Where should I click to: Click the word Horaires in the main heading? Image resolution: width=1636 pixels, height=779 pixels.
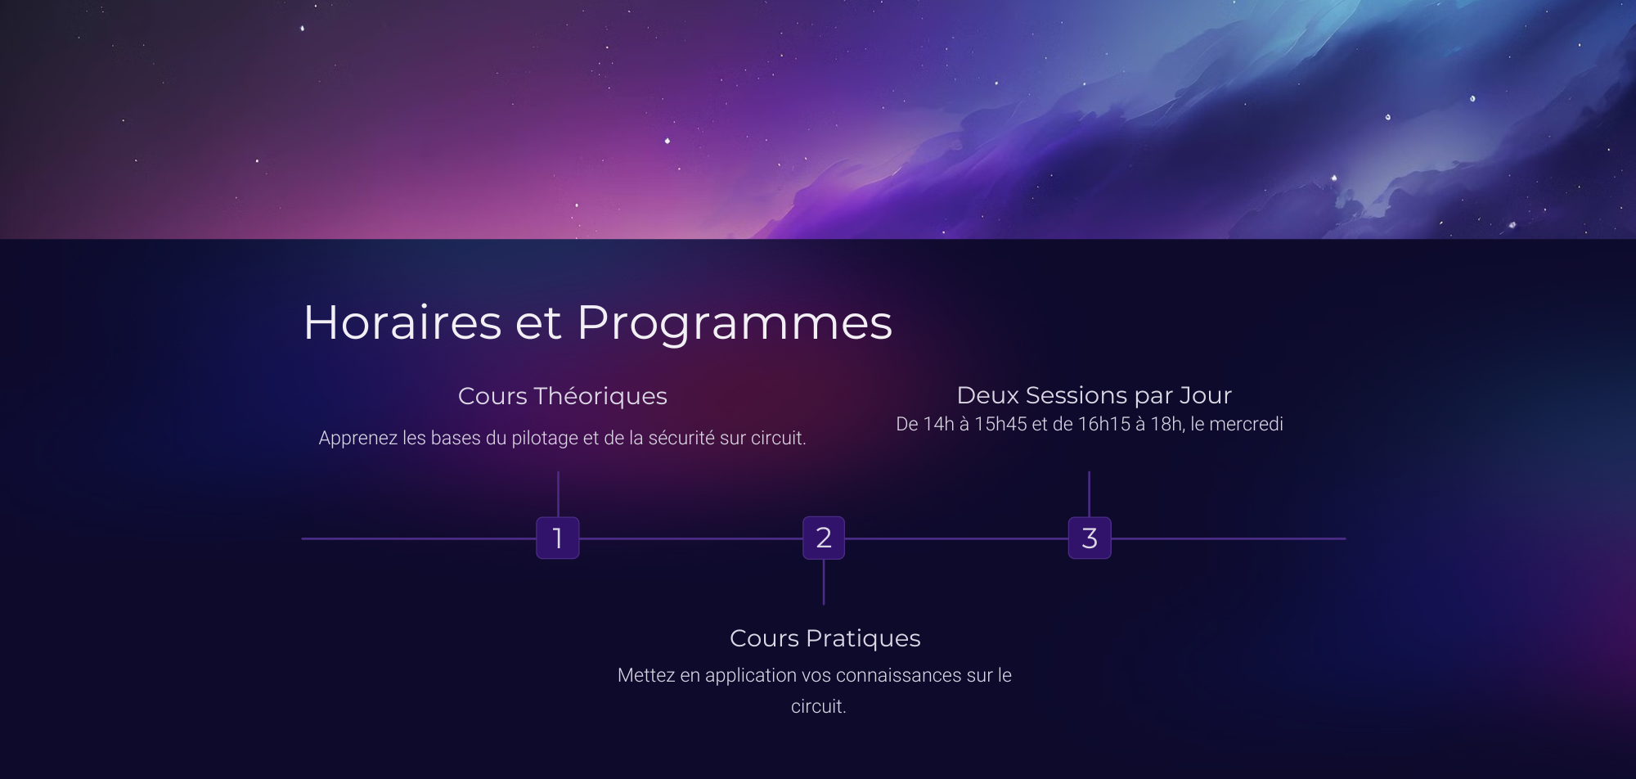402,322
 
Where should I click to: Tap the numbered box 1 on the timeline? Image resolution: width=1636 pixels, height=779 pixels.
558,538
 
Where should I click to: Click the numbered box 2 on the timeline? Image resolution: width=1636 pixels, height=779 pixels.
824,538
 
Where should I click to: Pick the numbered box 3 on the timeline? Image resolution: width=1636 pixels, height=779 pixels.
1090,538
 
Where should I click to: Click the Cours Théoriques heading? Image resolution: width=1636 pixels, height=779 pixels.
563,396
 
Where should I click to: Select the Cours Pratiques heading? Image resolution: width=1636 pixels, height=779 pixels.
825,638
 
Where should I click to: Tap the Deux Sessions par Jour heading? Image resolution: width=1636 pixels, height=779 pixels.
1094,395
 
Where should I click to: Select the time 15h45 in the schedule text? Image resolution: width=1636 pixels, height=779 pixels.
1000,424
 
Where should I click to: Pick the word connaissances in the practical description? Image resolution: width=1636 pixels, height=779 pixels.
898,675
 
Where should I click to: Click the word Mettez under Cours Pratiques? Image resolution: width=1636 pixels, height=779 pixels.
646,675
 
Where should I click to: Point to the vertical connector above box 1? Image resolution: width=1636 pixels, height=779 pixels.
558,494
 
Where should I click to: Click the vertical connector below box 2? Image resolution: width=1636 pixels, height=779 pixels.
824,583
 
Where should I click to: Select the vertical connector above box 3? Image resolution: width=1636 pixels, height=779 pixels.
1090,494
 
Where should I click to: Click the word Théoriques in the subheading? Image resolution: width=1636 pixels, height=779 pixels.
600,396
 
